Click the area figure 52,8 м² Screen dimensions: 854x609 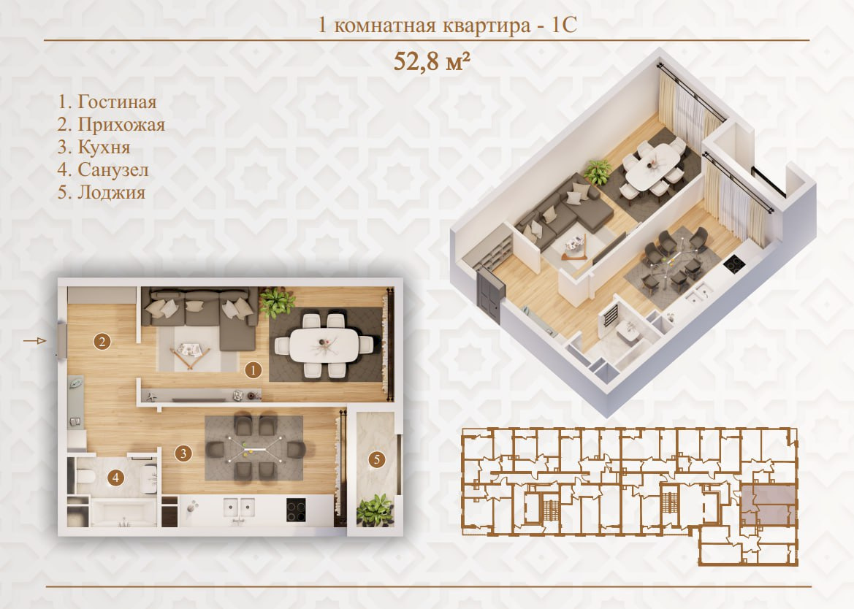(431, 61)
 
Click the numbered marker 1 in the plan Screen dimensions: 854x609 (253, 370)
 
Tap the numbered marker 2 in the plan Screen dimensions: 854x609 (102, 341)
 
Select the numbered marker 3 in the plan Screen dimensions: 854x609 (183, 453)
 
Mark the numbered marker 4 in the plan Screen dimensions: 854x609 (115, 478)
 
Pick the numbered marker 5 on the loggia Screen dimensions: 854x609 (376, 459)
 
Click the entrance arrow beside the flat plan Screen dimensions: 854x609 (35, 341)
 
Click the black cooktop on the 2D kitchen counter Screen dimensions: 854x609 (297, 510)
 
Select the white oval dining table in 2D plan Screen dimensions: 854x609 (324, 345)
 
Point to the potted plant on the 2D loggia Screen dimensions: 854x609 (375, 510)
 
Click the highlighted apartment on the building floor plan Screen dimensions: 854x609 (768, 505)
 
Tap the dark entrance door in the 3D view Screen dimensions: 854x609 (491, 297)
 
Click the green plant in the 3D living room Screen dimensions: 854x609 (598, 172)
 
